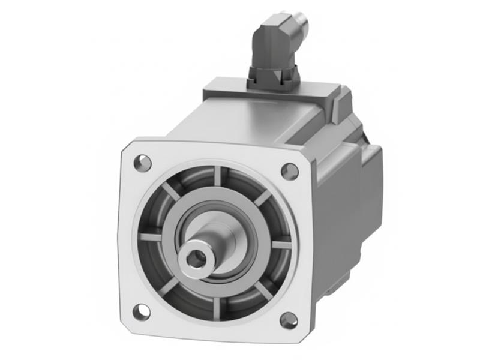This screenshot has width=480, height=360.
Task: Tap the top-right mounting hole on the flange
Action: (289, 170)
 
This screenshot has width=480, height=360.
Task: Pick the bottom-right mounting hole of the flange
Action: (289, 320)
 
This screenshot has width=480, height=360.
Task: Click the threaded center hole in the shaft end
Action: (194, 257)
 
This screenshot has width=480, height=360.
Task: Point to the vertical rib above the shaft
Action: (217, 178)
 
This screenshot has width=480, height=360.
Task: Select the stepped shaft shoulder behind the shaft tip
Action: (225, 237)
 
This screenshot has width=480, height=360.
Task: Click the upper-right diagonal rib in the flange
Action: (262, 198)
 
